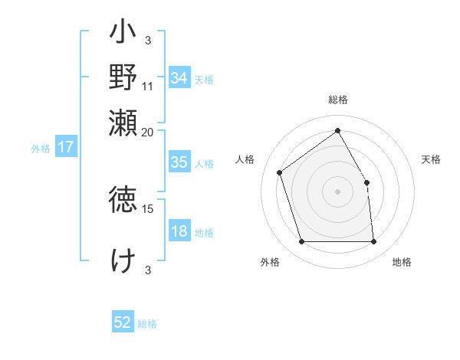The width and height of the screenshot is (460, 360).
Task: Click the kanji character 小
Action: point(123,34)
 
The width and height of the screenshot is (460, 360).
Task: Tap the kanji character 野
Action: point(123,77)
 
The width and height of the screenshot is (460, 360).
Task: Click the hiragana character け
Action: point(123,260)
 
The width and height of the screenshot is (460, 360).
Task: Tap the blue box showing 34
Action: point(179,78)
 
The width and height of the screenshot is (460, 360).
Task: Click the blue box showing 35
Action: point(179,163)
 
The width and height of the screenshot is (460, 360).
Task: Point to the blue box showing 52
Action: point(123,323)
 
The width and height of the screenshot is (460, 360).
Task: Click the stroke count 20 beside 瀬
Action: point(148,132)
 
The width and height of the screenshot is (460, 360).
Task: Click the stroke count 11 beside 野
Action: point(148,87)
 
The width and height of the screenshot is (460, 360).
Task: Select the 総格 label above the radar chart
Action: point(337,100)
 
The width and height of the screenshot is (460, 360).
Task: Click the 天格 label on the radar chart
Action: point(431,159)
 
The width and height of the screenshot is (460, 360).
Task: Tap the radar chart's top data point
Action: point(337,130)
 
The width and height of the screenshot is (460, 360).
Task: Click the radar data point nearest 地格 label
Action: point(373,242)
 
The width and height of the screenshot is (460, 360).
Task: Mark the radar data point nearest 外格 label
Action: point(301,242)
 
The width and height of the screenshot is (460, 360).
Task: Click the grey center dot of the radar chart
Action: point(337,191)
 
